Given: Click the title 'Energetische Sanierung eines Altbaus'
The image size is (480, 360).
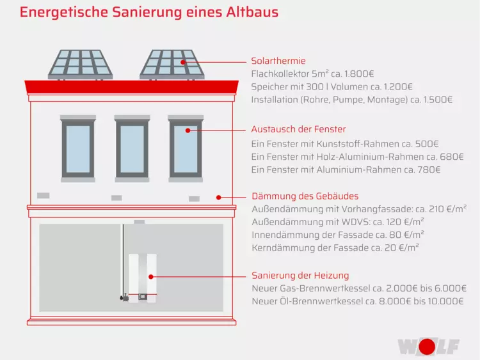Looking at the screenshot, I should [x=148, y=13].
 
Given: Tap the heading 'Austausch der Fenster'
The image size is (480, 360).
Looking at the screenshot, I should [x=298, y=129].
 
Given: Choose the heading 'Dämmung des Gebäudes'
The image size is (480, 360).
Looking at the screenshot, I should [x=305, y=196].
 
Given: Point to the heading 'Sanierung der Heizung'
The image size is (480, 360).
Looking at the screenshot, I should [x=300, y=276].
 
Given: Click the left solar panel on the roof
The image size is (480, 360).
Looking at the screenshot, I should [x=80, y=64].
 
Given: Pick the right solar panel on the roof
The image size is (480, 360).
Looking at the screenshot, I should [x=172, y=64].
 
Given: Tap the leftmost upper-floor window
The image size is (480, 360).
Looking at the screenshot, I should [x=78, y=148].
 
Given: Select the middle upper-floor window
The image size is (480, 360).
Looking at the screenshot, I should [x=132, y=148].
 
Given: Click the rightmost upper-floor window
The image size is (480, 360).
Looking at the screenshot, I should [x=186, y=148].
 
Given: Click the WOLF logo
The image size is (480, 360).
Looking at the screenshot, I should [x=428, y=347].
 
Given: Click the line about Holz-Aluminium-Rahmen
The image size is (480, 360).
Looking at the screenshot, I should [x=357, y=157].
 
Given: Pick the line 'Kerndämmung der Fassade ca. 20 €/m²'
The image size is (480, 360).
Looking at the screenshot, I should [x=336, y=247].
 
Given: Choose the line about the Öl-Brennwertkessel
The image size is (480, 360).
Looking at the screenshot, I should [x=358, y=301].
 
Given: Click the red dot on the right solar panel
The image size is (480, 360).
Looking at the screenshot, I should [x=183, y=62].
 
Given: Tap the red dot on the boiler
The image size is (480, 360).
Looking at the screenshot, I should [x=151, y=276].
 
